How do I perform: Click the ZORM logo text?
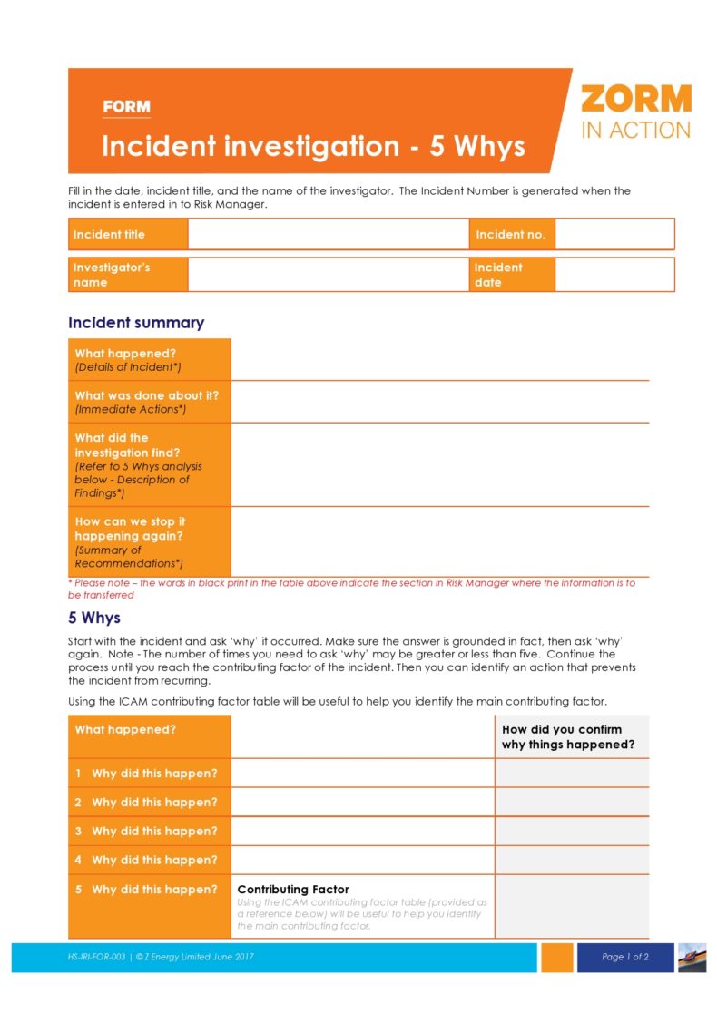click(635, 99)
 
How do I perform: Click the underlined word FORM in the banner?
click(126, 107)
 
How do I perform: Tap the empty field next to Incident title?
click(328, 234)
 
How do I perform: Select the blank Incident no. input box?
click(614, 234)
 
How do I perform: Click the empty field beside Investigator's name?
click(328, 275)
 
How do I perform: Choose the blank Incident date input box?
click(614, 275)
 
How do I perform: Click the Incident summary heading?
click(136, 323)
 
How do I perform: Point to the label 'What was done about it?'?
click(146, 395)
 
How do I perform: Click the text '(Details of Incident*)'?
click(128, 367)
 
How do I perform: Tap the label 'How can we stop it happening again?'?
click(130, 528)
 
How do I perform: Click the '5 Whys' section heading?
click(93, 619)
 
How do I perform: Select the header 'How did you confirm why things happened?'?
click(567, 736)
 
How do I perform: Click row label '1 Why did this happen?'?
click(146, 774)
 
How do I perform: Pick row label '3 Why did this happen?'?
click(146, 832)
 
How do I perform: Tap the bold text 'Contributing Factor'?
click(293, 890)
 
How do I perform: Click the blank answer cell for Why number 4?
click(363, 860)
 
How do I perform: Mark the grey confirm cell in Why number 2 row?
click(572, 803)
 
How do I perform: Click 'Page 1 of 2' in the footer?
click(625, 957)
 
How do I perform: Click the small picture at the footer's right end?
click(692, 957)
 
